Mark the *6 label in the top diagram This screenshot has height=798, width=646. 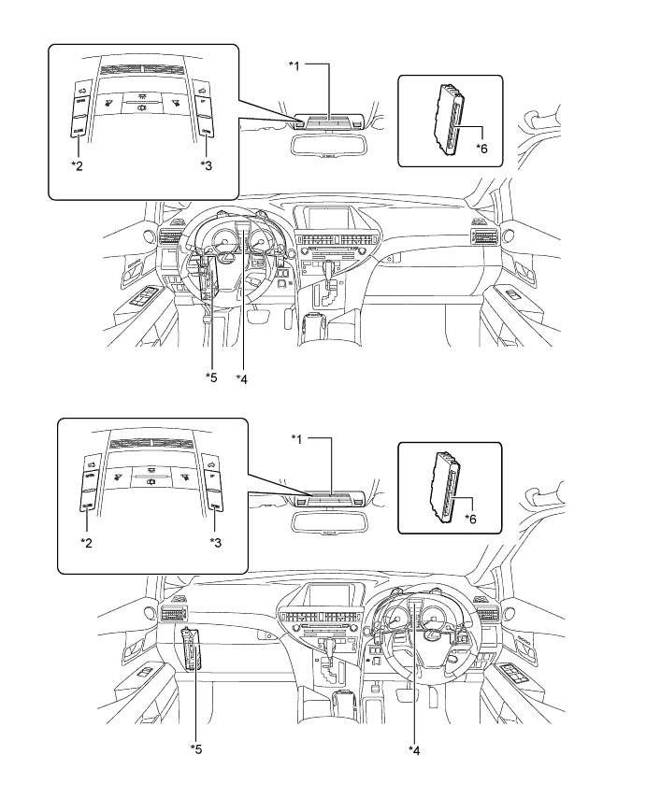click(481, 149)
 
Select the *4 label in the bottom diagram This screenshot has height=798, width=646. click(414, 749)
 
